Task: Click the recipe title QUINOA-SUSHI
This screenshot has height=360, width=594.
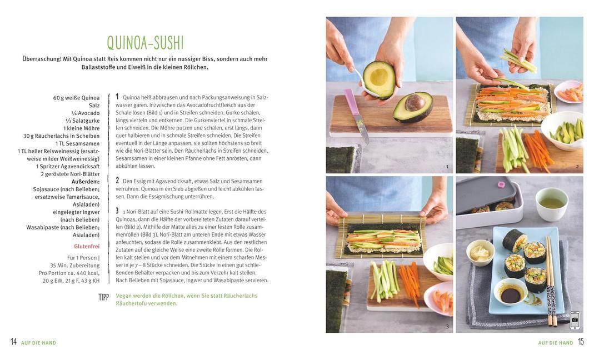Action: pos(145,43)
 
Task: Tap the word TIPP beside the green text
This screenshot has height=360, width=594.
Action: pos(103,297)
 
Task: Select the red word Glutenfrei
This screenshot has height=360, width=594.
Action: pos(87,246)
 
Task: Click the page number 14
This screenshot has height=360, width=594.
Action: pos(14,342)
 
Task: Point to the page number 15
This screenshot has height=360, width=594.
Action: pos(581,342)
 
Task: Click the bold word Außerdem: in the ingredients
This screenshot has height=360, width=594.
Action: pos(86,182)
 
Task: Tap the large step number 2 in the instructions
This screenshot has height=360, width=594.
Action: pos(117,181)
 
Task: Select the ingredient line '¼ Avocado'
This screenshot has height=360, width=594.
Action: pos(86,113)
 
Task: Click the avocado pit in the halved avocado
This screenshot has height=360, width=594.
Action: pos(415,103)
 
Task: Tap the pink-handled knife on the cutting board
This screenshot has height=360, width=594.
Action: pos(357,116)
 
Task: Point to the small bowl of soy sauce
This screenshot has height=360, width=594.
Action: pos(510,292)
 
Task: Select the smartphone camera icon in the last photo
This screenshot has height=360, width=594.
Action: pos(575,320)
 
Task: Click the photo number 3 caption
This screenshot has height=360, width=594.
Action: pos(447,326)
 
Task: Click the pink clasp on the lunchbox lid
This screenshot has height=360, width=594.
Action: pos(501,184)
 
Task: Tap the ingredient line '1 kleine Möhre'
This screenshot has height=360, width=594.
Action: pos(82,128)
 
